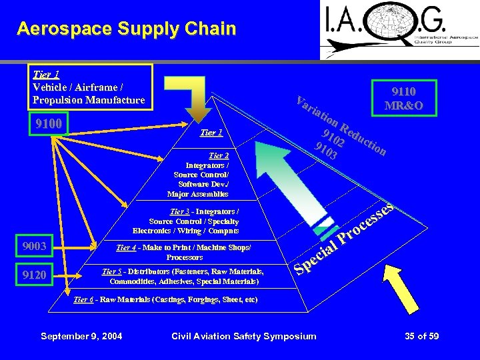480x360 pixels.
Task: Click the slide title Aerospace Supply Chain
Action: coord(127,29)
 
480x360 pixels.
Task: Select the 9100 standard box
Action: coord(47,125)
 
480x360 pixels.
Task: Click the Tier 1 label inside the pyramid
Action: coord(211,133)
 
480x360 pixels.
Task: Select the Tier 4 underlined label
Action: coord(126,247)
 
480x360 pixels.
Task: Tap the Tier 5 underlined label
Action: coord(111,271)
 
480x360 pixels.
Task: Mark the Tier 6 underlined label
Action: coord(83,300)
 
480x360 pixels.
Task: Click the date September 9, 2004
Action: coord(81,335)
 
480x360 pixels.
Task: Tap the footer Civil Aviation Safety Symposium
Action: coord(243,335)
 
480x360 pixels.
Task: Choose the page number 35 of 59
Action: coord(421,335)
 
